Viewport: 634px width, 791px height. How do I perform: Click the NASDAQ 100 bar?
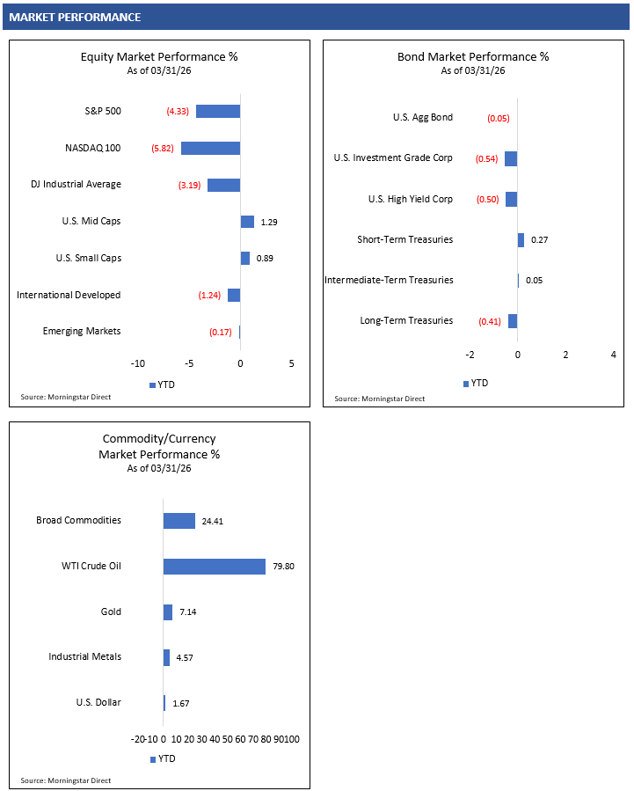(x=210, y=148)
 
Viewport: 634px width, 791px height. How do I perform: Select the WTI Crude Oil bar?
(x=214, y=566)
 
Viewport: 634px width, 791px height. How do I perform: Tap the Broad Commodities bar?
(x=179, y=521)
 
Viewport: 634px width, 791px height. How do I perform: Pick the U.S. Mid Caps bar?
(x=247, y=222)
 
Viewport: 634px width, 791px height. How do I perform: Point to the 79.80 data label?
(x=283, y=567)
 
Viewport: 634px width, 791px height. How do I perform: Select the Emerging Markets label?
(x=82, y=331)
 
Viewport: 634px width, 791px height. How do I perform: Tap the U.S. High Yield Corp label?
(x=410, y=199)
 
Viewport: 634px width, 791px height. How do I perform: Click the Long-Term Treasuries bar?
(x=513, y=321)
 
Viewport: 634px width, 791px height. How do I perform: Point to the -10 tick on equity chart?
(x=138, y=363)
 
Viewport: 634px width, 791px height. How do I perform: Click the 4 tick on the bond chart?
(x=613, y=355)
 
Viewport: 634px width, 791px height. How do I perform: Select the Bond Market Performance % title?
(x=473, y=57)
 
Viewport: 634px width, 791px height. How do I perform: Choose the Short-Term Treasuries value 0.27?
(x=539, y=240)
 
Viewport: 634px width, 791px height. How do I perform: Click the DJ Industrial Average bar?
(x=223, y=185)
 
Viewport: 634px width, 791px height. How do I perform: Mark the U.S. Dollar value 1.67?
(x=181, y=703)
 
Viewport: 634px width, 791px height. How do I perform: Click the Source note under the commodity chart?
(x=66, y=780)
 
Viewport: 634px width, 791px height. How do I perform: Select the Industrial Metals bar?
(x=166, y=657)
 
